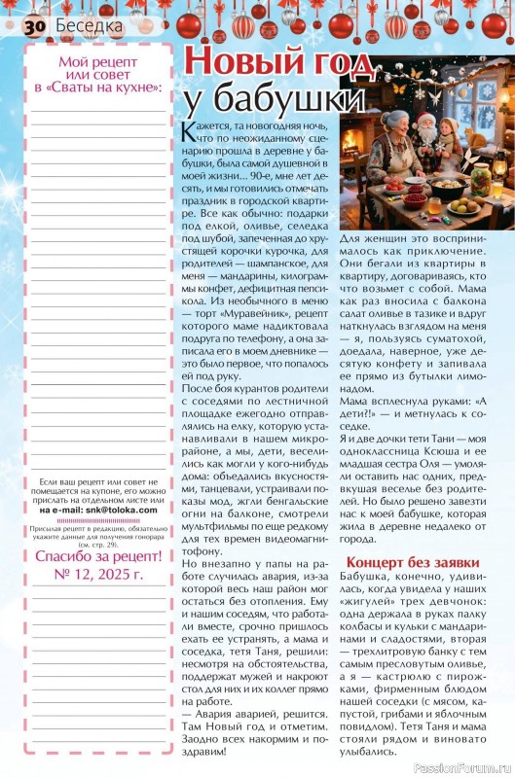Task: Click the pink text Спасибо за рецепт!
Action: click(x=98, y=557)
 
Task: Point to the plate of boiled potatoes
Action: click(x=465, y=207)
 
